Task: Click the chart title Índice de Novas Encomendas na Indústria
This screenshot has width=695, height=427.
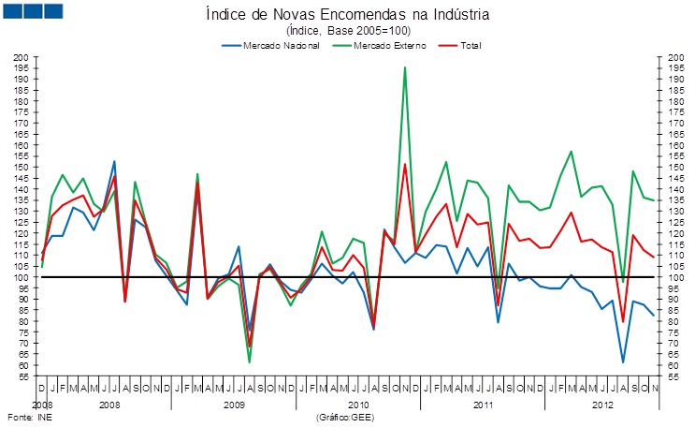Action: (x=347, y=15)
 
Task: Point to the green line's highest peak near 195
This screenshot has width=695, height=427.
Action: (x=404, y=67)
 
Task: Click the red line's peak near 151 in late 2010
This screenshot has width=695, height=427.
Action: (x=404, y=165)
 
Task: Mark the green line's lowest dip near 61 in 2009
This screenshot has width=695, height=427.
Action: (x=250, y=362)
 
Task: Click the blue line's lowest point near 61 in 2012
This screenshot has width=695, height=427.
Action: (x=622, y=362)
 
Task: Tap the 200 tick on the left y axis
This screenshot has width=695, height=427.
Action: (x=22, y=57)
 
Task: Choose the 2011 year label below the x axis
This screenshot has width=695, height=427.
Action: (x=483, y=405)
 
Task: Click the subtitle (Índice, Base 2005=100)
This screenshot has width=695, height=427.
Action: (x=347, y=31)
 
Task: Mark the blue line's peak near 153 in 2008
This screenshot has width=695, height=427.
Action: (x=114, y=161)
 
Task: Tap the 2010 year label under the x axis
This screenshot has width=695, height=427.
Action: (x=357, y=405)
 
